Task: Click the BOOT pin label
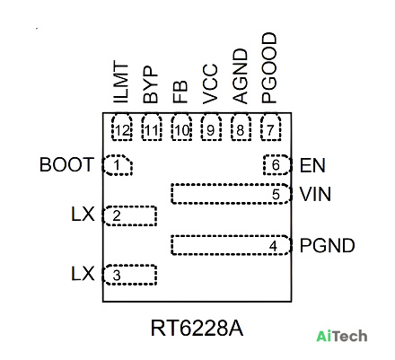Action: click(66, 164)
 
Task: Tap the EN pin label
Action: click(312, 165)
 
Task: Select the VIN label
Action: click(315, 194)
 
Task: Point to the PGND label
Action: click(327, 246)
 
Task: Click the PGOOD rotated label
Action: click(269, 68)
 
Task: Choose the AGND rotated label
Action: click(241, 76)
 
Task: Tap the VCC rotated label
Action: click(210, 83)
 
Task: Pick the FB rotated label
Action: click(180, 92)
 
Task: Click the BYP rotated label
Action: click(150, 85)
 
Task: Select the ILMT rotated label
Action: click(121, 82)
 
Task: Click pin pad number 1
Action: click(118, 165)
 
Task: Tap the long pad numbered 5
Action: click(231, 194)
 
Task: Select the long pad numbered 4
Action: click(231, 245)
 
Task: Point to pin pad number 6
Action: click(277, 165)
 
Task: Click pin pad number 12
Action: click(122, 127)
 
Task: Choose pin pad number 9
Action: click(211, 127)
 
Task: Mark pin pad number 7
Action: click(270, 127)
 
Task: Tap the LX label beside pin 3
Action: click(83, 274)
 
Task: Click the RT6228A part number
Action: click(197, 329)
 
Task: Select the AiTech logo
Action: click(342, 336)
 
